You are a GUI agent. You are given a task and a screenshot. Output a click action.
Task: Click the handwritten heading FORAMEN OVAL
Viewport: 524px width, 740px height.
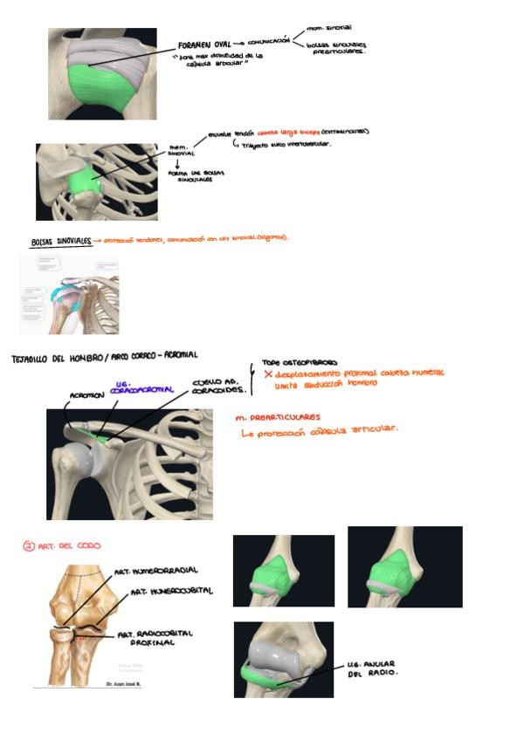[x=203, y=43]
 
